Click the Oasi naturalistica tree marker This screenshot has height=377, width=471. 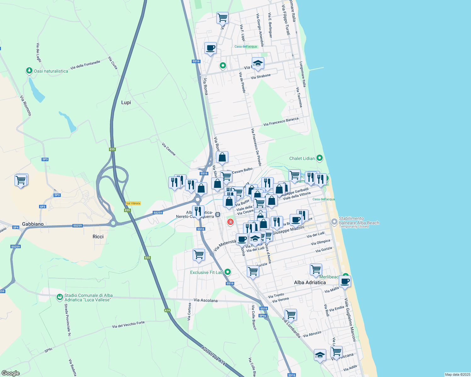pyautogui.click(x=29, y=71)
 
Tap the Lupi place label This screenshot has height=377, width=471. pyautogui.click(x=126, y=102)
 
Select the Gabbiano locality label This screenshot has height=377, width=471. pyautogui.click(x=33, y=224)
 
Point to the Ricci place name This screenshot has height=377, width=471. pyautogui.click(x=98, y=237)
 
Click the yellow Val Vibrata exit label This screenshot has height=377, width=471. pyautogui.click(x=133, y=203)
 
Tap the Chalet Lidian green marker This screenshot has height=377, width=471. pyautogui.click(x=320, y=158)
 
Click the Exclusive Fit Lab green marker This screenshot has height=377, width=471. pyautogui.click(x=227, y=272)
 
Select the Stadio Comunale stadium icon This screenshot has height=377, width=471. pyautogui.click(x=60, y=297)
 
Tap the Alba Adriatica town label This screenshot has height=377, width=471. pyautogui.click(x=310, y=282)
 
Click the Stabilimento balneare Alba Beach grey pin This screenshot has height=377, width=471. pyautogui.click(x=334, y=222)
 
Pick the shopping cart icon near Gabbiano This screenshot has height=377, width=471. pyautogui.click(x=21, y=180)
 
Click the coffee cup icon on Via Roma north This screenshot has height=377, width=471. pyautogui.click(x=210, y=48)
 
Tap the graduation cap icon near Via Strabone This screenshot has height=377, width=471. pyautogui.click(x=258, y=63)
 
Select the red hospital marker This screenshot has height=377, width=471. pyautogui.click(x=230, y=222)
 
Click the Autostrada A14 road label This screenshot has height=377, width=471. pyautogui.click(x=213, y=356)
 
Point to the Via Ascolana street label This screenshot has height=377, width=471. pyautogui.click(x=206, y=300)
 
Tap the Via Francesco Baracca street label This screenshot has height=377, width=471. pyautogui.click(x=281, y=122)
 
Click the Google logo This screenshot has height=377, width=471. pyautogui.click(x=11, y=373)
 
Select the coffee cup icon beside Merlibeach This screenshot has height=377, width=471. pyautogui.click(x=345, y=281)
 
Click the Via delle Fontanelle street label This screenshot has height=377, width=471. pyautogui.click(x=85, y=65)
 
